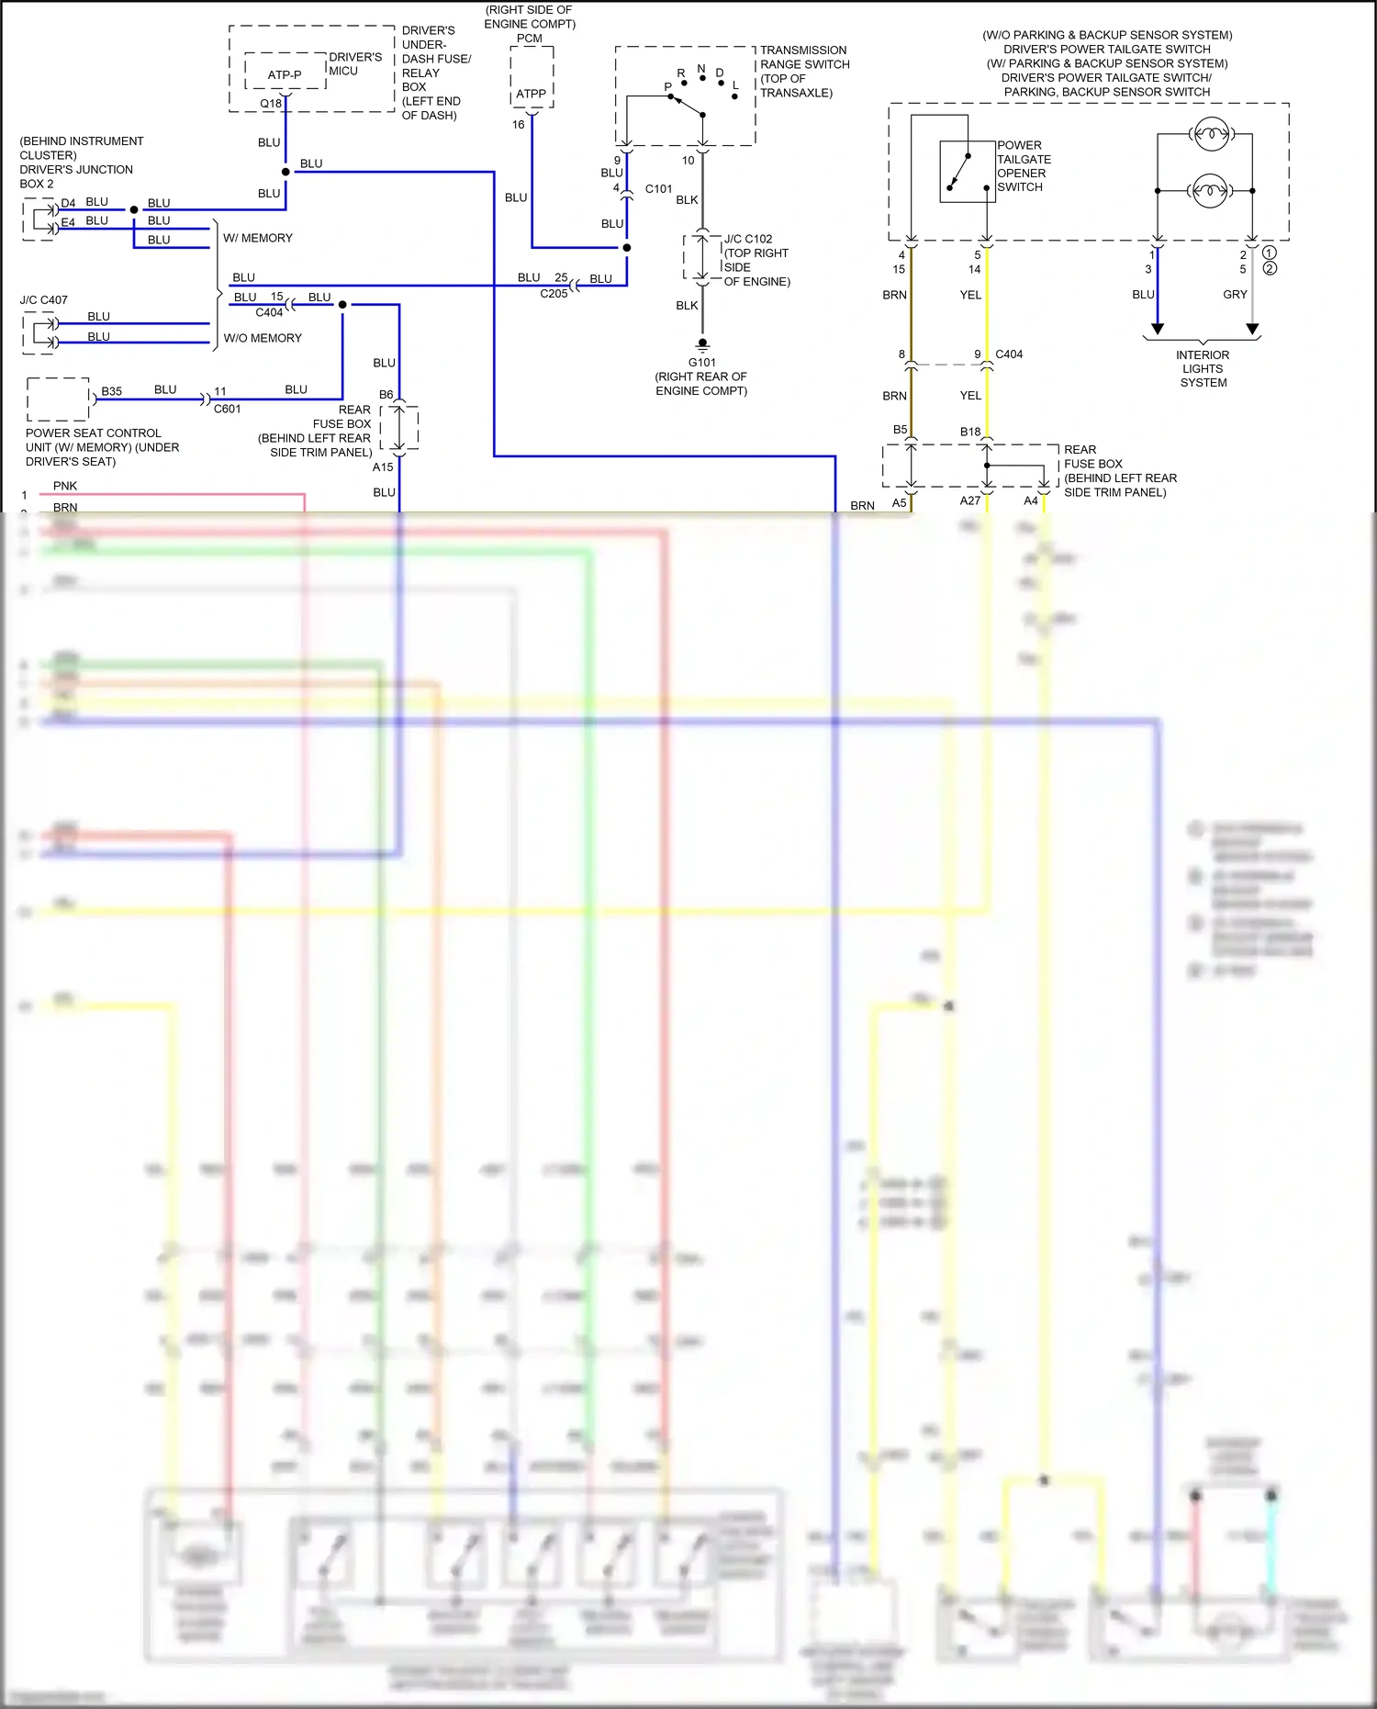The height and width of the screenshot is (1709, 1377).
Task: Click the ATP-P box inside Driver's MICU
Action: tap(285, 74)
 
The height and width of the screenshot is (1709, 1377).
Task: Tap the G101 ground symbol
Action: tap(702, 346)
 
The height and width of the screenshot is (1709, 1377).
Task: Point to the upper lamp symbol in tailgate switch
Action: tap(1209, 135)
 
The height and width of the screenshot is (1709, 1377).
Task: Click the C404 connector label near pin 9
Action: tap(1009, 354)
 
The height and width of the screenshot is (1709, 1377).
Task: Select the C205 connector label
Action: tap(554, 294)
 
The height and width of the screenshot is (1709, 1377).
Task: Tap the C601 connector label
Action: tap(227, 409)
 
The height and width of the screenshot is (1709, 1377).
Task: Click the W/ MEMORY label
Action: tap(258, 238)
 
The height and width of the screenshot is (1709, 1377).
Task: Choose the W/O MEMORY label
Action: tap(263, 338)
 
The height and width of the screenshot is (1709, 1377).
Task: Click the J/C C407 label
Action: tap(43, 300)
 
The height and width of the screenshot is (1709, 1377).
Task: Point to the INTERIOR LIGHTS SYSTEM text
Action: tap(1203, 368)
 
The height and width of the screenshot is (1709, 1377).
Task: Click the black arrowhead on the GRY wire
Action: tap(1252, 329)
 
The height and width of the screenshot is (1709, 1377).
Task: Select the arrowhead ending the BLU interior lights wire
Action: tap(1158, 329)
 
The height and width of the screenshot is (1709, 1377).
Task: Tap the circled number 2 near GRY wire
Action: tap(1270, 268)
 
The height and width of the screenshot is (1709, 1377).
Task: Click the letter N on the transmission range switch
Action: tap(701, 69)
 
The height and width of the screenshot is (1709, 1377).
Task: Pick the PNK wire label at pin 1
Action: tap(65, 486)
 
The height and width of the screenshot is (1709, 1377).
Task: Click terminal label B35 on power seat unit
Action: tap(111, 391)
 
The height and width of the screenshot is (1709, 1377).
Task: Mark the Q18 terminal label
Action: tap(271, 104)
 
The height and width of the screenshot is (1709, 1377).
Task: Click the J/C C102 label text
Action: tap(748, 239)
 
